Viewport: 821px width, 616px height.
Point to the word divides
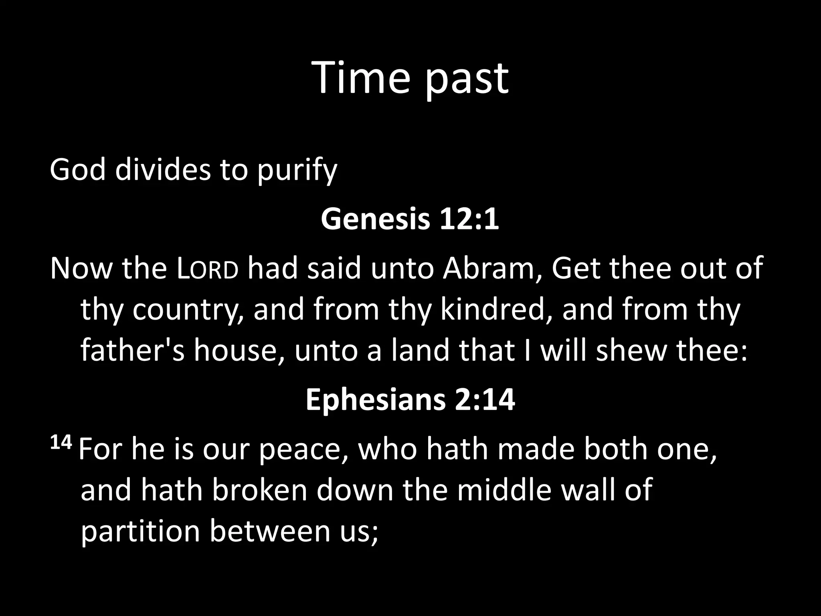click(x=163, y=169)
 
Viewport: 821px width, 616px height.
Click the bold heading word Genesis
click(x=375, y=219)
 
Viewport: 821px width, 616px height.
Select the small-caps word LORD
click(x=208, y=269)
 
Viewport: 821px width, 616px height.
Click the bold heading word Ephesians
click(x=375, y=400)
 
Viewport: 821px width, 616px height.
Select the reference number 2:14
click(x=485, y=400)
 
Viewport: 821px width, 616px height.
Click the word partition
click(x=140, y=532)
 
